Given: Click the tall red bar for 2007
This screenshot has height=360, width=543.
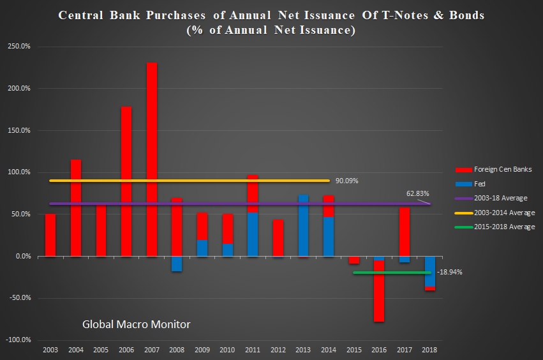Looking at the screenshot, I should pyautogui.click(x=151, y=160).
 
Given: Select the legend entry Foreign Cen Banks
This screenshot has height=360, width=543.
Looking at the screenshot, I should pyautogui.click(x=502, y=169).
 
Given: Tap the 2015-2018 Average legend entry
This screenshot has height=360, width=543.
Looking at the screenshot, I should pyautogui.click(x=504, y=227).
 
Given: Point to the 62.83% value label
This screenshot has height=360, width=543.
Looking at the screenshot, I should pyautogui.click(x=418, y=193).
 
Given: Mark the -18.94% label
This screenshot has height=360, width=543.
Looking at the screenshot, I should pyautogui.click(x=449, y=272).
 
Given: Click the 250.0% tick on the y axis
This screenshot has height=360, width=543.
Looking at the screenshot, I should pyautogui.click(x=22, y=47).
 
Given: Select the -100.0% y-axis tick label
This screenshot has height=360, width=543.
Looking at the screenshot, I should pyautogui.click(x=21, y=340).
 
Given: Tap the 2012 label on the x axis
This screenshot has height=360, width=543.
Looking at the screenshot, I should pyautogui.click(x=278, y=350).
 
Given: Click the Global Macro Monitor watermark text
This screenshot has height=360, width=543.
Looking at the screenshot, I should pyautogui.click(x=136, y=324).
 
